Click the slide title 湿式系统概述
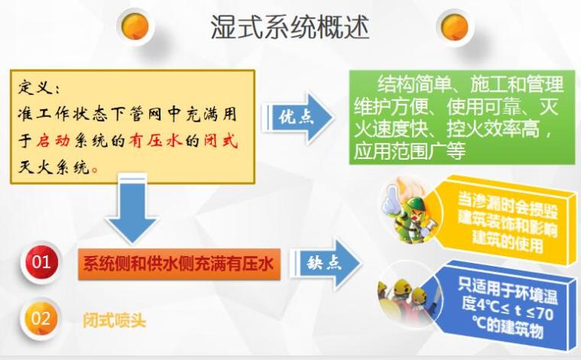pos(290,28)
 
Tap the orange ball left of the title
pos(135,26)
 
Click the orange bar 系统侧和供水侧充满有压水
pos(178,264)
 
